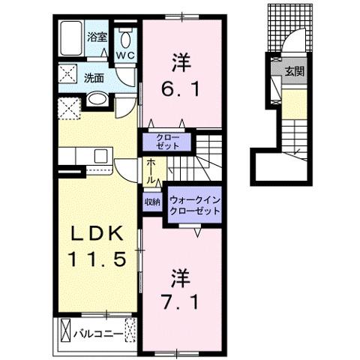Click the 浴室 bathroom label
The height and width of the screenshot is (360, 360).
[97, 36]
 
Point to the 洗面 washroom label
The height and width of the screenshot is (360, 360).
[94, 76]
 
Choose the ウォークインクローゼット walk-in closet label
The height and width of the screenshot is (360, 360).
[194, 205]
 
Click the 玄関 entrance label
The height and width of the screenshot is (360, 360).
[292, 71]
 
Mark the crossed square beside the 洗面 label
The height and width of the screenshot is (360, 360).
[68, 76]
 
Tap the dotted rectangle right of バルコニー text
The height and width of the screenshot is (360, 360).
[130, 331]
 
